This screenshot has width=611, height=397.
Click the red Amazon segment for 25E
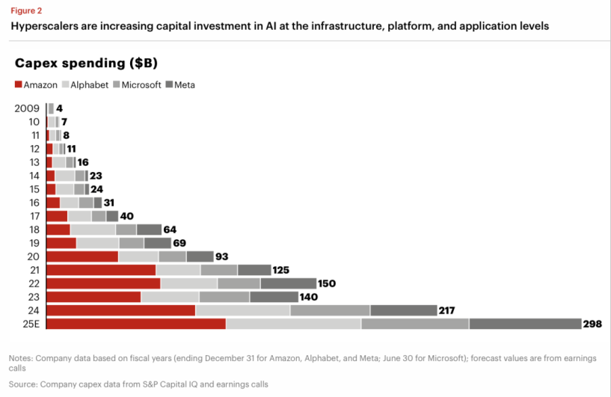click(136, 324)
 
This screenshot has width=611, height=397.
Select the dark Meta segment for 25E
click(525, 324)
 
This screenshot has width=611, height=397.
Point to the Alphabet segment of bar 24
click(242, 310)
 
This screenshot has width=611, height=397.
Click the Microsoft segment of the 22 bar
click(239, 283)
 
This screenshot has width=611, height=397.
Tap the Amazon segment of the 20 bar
click(82, 256)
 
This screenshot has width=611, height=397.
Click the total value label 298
click(593, 324)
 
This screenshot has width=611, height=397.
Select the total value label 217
click(449, 310)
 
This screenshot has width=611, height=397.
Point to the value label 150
click(327, 283)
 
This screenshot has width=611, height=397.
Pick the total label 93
click(222, 256)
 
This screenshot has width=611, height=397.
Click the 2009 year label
click(27, 108)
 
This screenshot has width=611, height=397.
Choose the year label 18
click(34, 230)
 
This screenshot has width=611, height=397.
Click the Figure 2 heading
click(25, 10)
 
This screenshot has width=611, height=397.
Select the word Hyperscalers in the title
click(43, 26)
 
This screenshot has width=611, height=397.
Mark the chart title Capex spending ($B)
click(86, 62)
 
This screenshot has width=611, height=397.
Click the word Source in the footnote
click(23, 384)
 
